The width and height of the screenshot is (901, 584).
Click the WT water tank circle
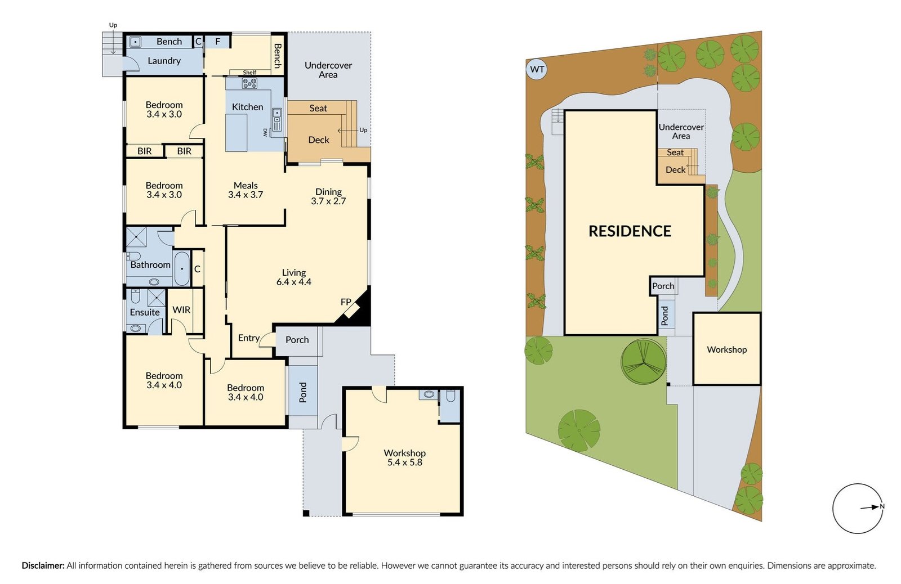click(537, 70)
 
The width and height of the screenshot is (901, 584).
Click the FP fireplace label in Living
click(346, 302)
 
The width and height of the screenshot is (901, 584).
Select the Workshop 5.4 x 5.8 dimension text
click(404, 462)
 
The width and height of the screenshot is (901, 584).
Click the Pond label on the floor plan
click(303, 392)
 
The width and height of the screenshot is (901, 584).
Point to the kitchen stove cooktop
click(249, 83)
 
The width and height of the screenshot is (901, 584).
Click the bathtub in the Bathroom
click(182, 269)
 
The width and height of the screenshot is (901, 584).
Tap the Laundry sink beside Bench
click(135, 42)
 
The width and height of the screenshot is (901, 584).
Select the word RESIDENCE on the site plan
click(630, 231)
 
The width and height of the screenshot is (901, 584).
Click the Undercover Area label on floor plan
click(328, 70)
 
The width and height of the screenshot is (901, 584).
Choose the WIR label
click(181, 310)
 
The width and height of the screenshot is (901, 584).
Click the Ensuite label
click(145, 312)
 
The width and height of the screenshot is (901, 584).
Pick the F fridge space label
click(217, 42)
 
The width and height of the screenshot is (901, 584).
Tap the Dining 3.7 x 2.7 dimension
click(328, 201)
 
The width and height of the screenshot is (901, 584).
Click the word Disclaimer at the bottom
click(43, 565)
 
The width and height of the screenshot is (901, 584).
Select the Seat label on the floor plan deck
click(318, 108)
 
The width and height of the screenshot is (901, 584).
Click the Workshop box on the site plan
click(726, 349)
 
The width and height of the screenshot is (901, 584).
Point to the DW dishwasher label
click(265, 132)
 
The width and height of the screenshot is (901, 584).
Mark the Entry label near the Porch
click(248, 338)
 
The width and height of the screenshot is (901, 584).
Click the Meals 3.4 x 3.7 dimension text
click(246, 195)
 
